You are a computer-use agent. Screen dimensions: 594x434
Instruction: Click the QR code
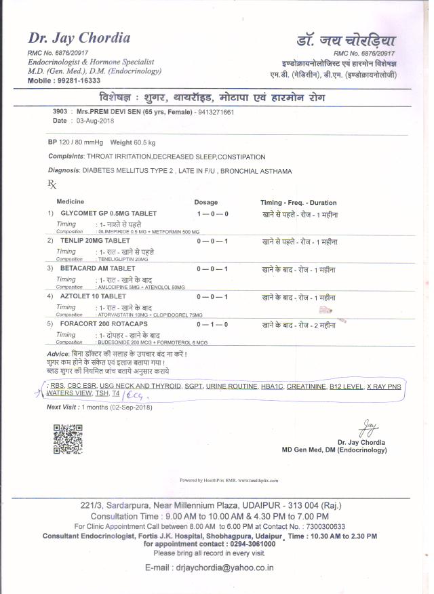pos(68,439)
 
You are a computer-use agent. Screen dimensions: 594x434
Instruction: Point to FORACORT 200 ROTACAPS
pos(99,324)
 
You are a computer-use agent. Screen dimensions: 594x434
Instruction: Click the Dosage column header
pos(206,202)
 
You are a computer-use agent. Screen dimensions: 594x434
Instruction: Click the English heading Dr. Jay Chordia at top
pos(79,38)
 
